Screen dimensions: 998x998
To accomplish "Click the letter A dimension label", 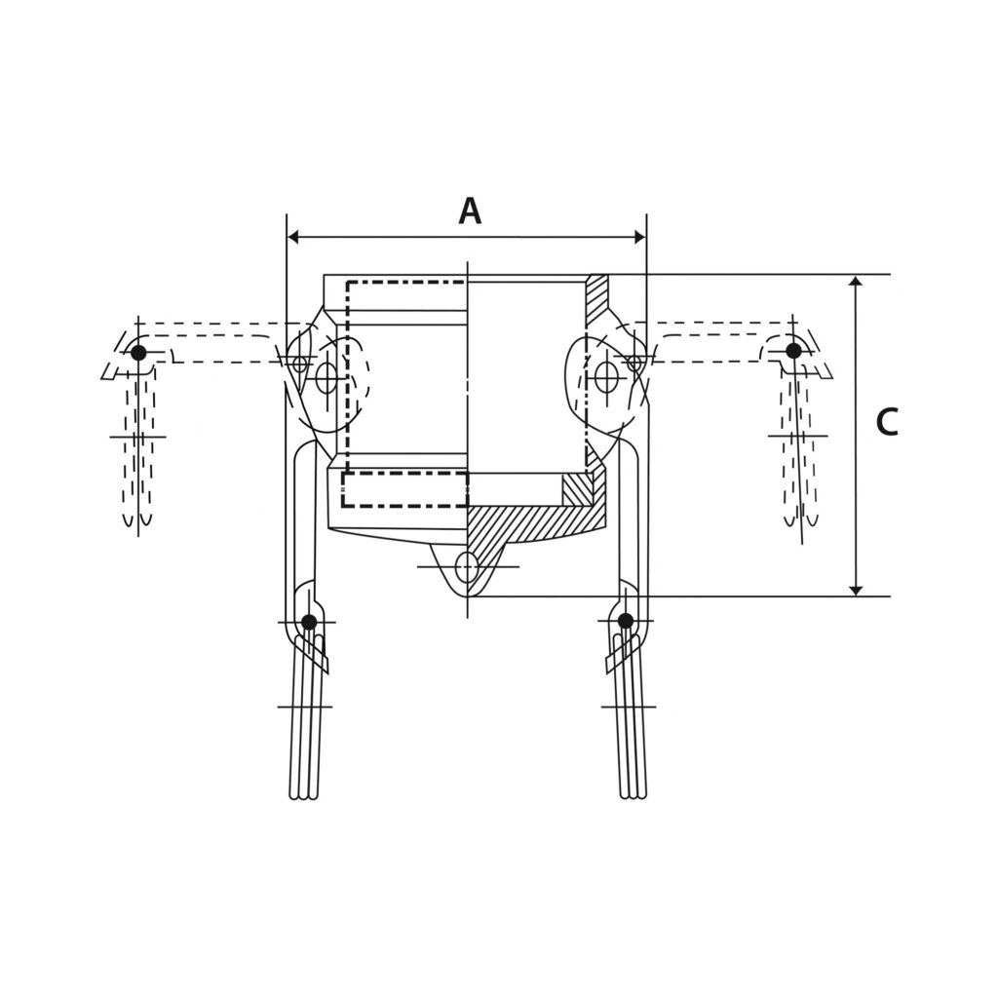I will pyautogui.click(x=470, y=211).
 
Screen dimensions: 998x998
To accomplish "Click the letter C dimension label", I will pyautogui.click(x=886, y=423).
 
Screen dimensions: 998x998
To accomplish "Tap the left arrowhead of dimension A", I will pyautogui.click(x=292, y=237).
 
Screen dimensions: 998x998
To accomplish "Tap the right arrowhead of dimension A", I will pyautogui.click(x=640, y=237).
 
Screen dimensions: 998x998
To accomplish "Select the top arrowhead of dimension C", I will pyautogui.click(x=856, y=281).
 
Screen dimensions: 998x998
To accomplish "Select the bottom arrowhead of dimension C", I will pyautogui.click(x=856, y=590).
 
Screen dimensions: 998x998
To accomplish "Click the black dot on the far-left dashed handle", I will pyautogui.click(x=138, y=353).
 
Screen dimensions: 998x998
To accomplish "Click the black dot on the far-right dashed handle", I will pyautogui.click(x=793, y=351).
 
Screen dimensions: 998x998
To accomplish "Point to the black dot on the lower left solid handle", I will pyautogui.click(x=309, y=622).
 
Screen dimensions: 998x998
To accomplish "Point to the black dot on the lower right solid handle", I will pyautogui.click(x=626, y=621).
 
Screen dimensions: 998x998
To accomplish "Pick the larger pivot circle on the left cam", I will pyautogui.click(x=326, y=377).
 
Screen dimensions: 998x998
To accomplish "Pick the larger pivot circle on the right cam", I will pyautogui.click(x=606, y=377).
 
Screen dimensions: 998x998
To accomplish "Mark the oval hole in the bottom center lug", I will pyautogui.click(x=467, y=566).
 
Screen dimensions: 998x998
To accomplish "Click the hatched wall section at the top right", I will pyautogui.click(x=596, y=299).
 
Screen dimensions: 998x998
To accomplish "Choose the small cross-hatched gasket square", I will pyautogui.click(x=577, y=489).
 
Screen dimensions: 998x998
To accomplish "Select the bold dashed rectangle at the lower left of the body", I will pyautogui.click(x=404, y=489).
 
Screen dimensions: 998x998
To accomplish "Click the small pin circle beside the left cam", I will pyautogui.click(x=300, y=365).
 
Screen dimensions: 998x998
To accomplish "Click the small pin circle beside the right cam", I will pyautogui.click(x=634, y=364).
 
